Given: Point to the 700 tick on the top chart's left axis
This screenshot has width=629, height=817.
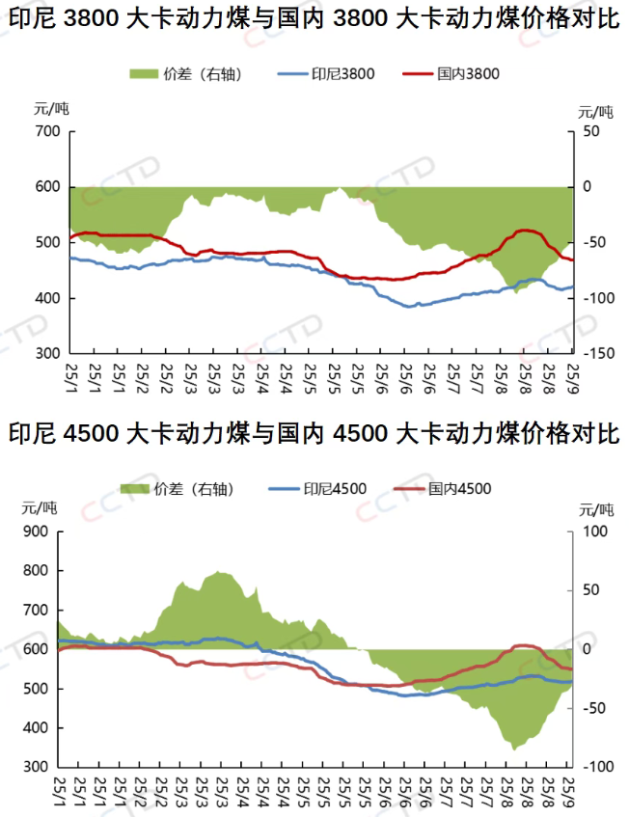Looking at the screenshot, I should coord(47,130).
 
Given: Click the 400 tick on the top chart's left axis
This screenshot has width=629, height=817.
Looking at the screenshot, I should coord(47,298).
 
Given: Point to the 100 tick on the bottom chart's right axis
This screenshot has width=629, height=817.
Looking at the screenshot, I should coord(597,531).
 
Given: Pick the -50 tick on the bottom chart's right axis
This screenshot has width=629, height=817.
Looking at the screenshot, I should coord(597,708).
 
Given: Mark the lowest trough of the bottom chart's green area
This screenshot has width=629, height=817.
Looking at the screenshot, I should coord(513,749).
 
